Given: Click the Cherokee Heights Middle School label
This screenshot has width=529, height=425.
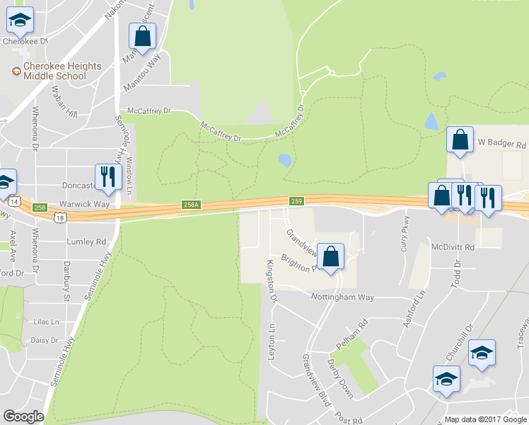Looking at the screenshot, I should pos(62,71).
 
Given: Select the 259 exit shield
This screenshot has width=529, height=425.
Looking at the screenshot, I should pos(297,202).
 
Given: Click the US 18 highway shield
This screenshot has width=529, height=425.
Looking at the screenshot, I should pos(62,218).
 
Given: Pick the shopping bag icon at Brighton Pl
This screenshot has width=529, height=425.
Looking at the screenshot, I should pos(330,257).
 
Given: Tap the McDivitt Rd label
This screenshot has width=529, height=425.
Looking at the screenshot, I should pos(453,246).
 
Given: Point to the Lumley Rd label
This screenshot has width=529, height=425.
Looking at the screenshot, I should pos(86,241).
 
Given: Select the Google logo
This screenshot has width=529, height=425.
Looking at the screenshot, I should pos(23,416).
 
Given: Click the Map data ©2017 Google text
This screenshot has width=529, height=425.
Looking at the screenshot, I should pos(486,419).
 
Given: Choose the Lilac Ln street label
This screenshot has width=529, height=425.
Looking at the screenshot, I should pos(46,321).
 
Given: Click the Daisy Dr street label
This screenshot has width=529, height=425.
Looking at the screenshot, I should pos(45,340).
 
